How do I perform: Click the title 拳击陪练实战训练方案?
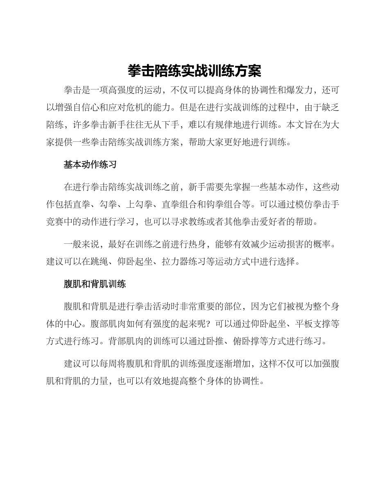pyautogui.click(x=194, y=71)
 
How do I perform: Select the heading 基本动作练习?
pyautogui.click(x=90, y=165)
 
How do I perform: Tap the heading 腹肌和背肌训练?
pyautogui.click(x=95, y=284)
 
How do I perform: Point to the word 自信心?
pyautogui.click(x=99, y=108)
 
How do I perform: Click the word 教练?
pyautogui.click(x=209, y=222)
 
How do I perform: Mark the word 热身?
pyautogui.click(x=201, y=245)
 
